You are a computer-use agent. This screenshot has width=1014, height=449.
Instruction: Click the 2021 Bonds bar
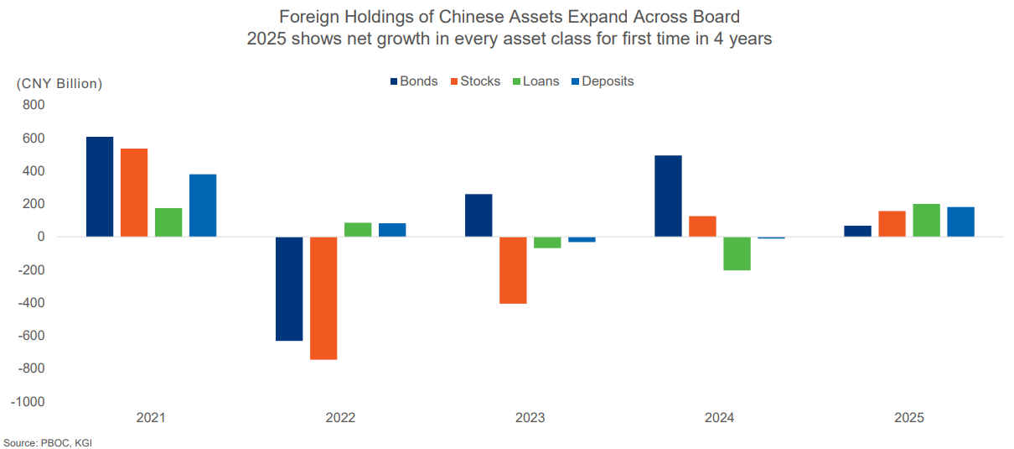pos(100,186)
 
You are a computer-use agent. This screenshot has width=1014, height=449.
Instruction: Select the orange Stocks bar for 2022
pos(323,298)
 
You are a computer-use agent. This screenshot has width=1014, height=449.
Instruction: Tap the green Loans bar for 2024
pos(737,253)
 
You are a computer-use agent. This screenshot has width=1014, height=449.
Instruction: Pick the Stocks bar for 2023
pos(513,270)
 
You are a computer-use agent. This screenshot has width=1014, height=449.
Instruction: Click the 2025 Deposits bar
pos(960,222)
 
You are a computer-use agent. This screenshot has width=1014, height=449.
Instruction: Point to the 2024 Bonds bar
pos(668,196)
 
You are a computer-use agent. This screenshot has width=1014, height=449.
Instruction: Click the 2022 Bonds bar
pos(289,289)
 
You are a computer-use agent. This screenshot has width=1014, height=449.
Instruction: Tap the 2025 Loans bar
pos(926,220)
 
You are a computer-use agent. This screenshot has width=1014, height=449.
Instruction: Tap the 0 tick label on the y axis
pos(39,237)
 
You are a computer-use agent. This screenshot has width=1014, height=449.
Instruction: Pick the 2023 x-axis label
pos(530,418)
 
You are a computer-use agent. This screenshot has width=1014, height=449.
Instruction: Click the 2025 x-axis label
pos(909,418)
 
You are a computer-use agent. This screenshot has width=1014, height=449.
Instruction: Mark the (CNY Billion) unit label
pos(59,83)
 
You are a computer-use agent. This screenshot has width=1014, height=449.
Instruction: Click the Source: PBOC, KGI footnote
pos(48,442)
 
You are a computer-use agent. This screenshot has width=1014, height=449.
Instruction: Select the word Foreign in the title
pos(307,18)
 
